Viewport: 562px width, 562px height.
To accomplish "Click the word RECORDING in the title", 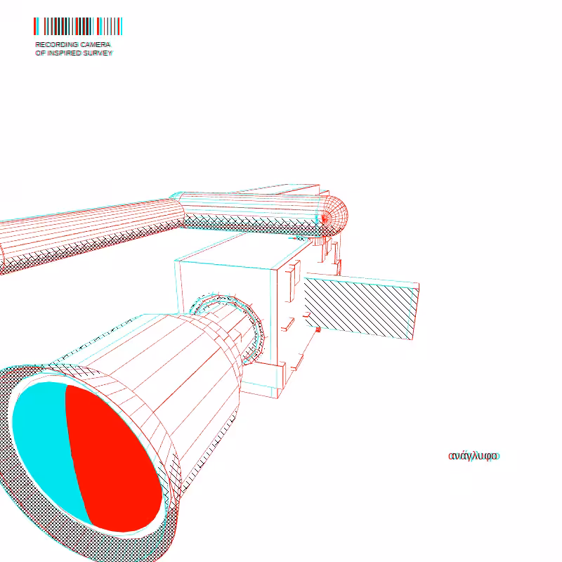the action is (x=57, y=44).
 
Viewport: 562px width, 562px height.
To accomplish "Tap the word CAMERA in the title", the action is (x=96, y=44).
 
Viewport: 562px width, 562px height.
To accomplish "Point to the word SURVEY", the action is (x=98, y=53).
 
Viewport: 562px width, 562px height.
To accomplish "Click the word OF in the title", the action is (x=40, y=53).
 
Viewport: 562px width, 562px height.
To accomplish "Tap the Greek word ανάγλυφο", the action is (x=473, y=456).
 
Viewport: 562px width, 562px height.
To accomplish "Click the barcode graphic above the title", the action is (x=78, y=26).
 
